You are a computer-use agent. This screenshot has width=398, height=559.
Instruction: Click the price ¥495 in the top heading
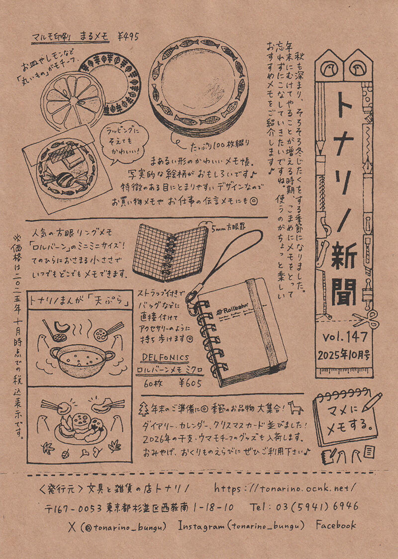pos(128,36)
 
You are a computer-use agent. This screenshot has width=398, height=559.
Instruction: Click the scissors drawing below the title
pos(366,319)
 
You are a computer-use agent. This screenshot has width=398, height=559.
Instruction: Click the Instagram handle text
pos(241,526)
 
